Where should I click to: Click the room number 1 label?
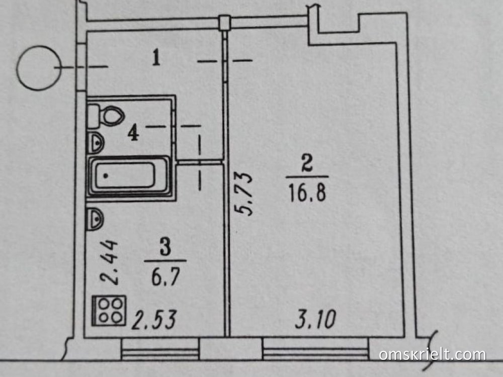pyautogui.click(x=156, y=59)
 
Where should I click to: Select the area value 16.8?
pyautogui.click(x=307, y=192)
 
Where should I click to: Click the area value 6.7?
pyautogui.click(x=164, y=276)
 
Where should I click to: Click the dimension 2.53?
pyautogui.click(x=153, y=320)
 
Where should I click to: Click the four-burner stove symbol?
pyautogui.click(x=109, y=311)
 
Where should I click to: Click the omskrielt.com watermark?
pyautogui.click(x=432, y=354)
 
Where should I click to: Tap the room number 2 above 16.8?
pyautogui.click(x=306, y=163)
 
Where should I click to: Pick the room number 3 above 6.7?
pyautogui.click(x=165, y=248)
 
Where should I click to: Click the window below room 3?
pyautogui.click(x=160, y=348)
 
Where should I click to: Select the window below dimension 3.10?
pyautogui.click(x=315, y=348)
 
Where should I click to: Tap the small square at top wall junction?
pyautogui.click(x=224, y=21)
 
